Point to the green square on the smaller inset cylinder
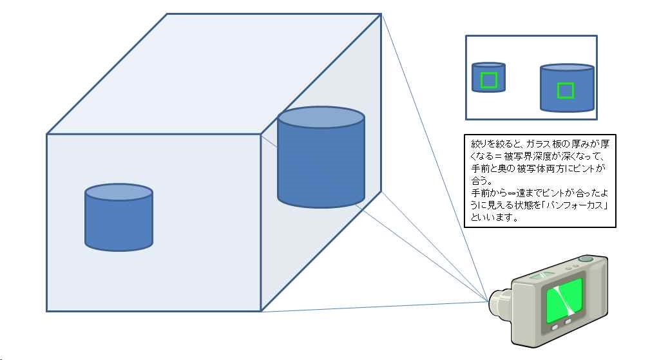coord(489,81)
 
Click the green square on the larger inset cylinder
coord(565,91)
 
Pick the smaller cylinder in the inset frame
coord(489,78)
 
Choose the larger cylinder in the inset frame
coord(566,88)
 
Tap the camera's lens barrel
coord(499,301)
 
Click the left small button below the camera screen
coord(555,327)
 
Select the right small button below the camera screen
coord(569,321)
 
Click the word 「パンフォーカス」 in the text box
coord(582,205)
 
